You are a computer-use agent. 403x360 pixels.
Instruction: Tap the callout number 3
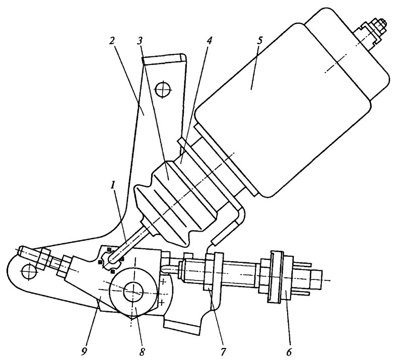click(140, 41)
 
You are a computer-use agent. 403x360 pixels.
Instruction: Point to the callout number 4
click(210, 41)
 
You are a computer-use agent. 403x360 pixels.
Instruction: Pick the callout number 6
click(289, 352)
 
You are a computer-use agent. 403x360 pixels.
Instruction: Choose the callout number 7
click(223, 352)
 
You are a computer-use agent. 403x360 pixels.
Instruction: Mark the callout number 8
click(142, 352)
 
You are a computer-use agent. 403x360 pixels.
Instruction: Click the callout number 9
click(84, 352)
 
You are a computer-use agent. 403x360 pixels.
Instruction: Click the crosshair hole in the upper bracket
click(163, 90)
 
